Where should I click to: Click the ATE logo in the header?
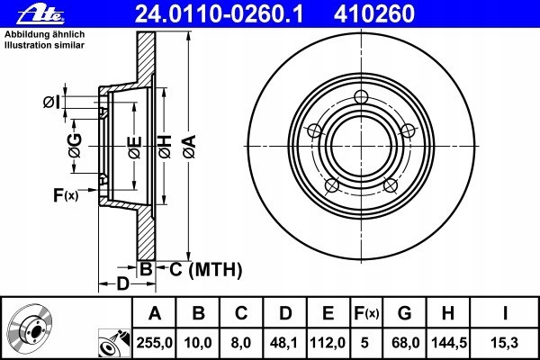40,14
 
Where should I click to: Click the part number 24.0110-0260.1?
219,14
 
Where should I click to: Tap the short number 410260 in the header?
374,14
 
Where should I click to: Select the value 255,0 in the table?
154,343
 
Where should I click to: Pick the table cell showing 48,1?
284,343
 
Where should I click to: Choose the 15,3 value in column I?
505,343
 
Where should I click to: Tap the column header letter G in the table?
405,313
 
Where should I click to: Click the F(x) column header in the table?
367,313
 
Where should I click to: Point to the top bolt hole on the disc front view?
361,97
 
